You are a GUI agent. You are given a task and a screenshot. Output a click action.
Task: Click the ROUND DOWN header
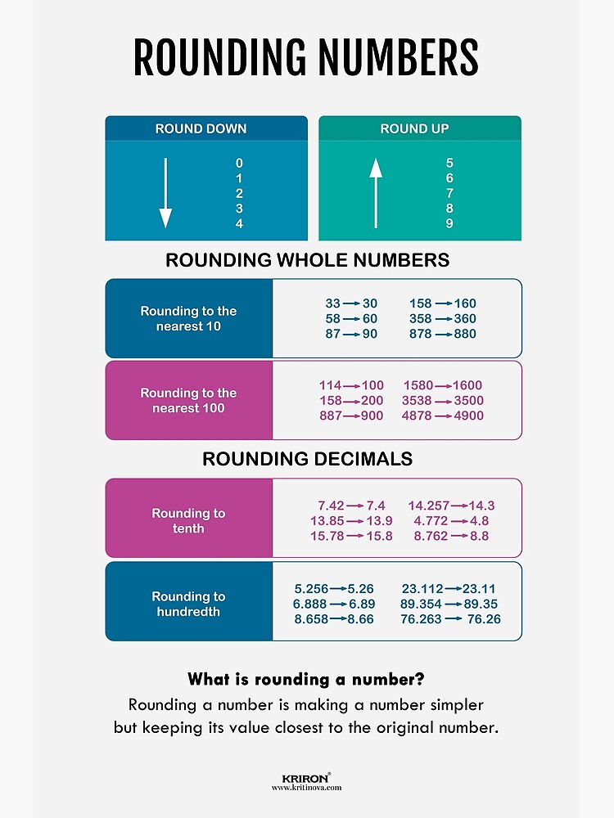[201, 128]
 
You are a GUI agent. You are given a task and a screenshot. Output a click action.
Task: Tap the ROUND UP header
[414, 128]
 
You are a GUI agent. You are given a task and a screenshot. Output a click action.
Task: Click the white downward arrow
[165, 193]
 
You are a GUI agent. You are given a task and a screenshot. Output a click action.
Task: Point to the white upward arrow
[376, 193]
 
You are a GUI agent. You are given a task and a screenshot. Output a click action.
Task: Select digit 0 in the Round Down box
[239, 164]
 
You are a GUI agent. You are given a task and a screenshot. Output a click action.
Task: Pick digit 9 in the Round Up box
[449, 224]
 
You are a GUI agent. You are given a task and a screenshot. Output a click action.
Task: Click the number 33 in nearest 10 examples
[332, 303]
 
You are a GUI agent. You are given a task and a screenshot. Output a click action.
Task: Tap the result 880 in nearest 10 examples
[465, 334]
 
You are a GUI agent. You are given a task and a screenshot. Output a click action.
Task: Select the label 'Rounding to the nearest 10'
[188, 319]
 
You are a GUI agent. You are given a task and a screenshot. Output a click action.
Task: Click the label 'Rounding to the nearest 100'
[188, 401]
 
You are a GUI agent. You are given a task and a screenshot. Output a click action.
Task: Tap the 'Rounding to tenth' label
[188, 521]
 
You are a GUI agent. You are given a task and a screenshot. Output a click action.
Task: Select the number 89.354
[422, 604]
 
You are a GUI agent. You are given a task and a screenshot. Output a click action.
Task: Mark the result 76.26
[481, 619]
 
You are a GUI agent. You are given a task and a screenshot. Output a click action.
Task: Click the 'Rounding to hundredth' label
[188, 604]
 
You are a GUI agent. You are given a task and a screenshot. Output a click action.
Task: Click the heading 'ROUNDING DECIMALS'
[307, 460]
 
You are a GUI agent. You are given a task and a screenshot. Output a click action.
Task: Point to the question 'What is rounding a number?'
[306, 679]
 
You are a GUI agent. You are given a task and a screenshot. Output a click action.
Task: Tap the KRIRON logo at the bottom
[306, 779]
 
